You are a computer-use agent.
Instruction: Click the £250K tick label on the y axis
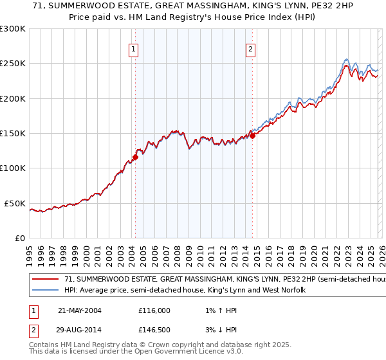[x=13, y=64]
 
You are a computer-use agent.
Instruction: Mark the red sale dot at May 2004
[x=135, y=156]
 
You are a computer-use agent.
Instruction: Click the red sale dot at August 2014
[x=252, y=136]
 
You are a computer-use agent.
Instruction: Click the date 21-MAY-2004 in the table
[x=79, y=310]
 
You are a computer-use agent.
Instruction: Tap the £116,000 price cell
[x=154, y=310]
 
